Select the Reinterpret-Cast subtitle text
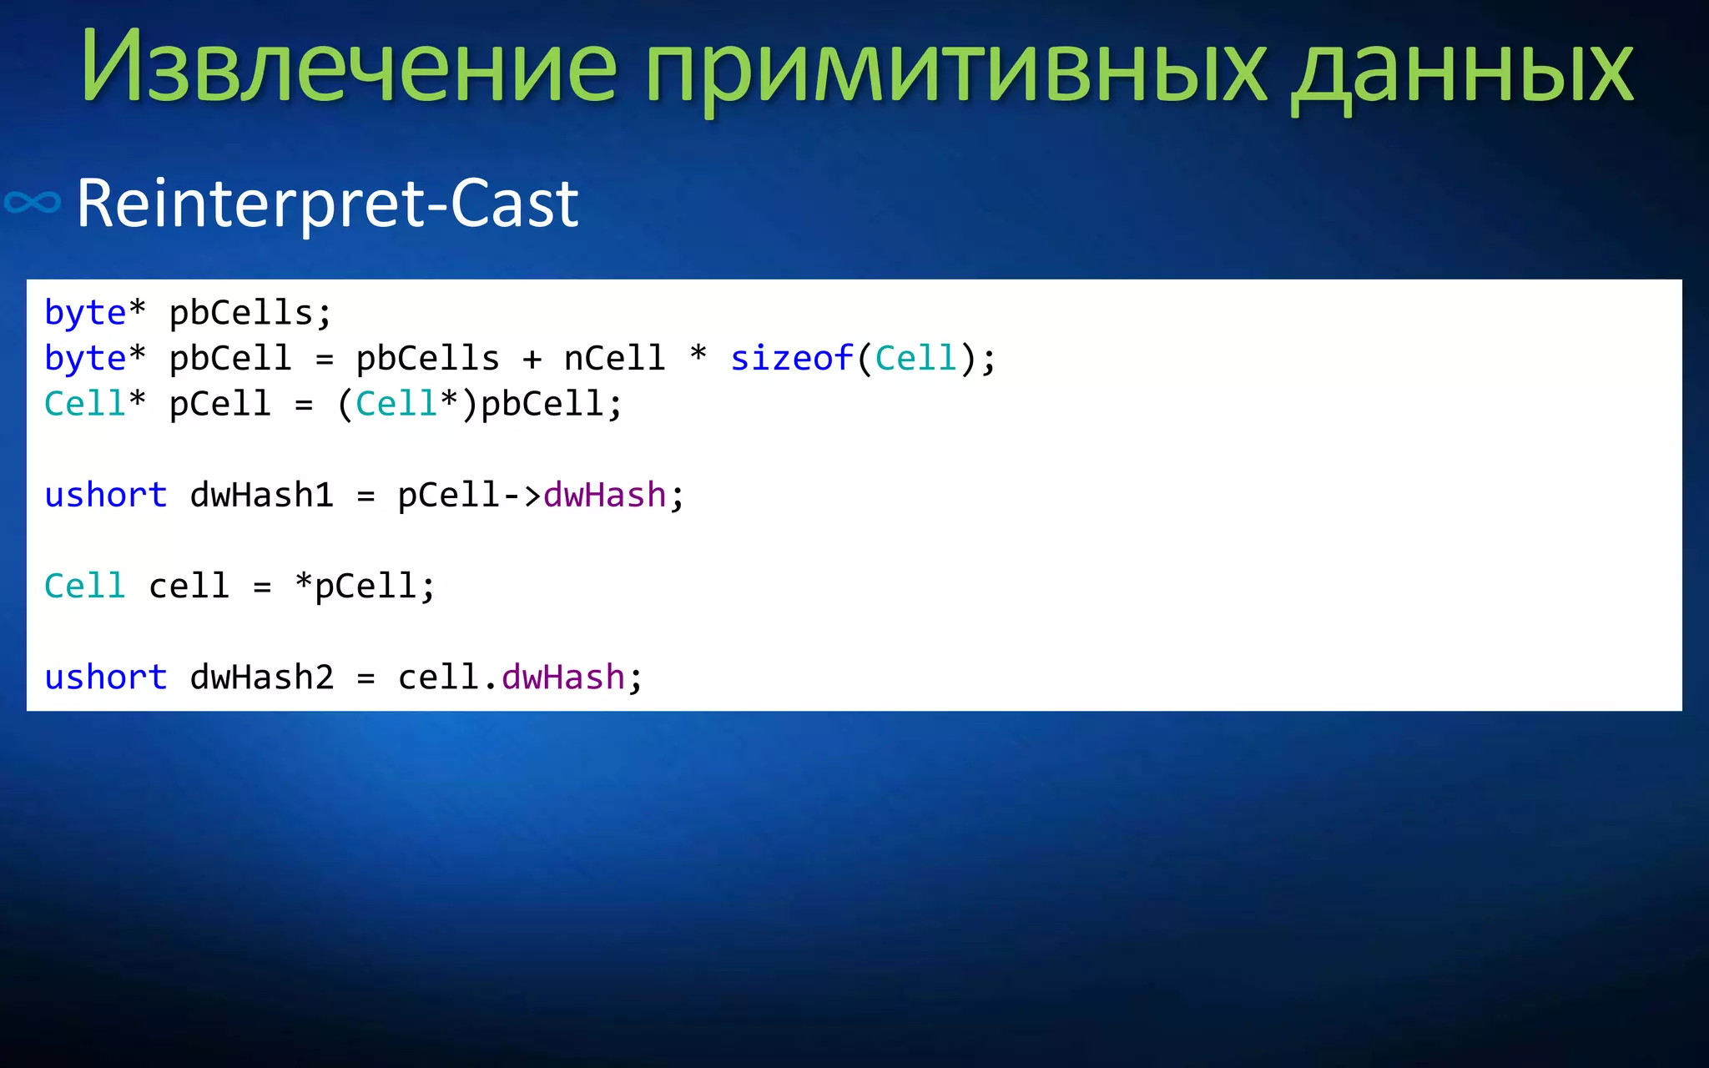[x=327, y=203]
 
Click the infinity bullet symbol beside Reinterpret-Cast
[x=33, y=203]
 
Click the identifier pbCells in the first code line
[x=241, y=313]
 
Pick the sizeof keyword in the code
[x=791, y=359]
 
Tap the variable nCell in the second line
[x=614, y=359]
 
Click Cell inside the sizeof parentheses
[x=915, y=359]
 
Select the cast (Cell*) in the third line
[x=406, y=405]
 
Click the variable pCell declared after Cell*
[x=220, y=405]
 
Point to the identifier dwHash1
[x=262, y=496]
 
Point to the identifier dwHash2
[x=262, y=678]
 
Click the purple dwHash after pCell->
[x=604, y=496]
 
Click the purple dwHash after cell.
[x=562, y=678]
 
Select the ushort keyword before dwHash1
[x=106, y=496]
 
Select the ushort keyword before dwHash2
[x=106, y=678]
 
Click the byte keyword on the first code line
[x=85, y=313]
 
